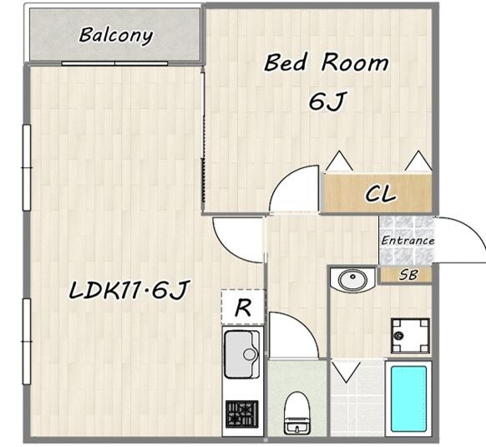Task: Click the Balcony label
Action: tap(116, 36)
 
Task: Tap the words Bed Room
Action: tap(326, 63)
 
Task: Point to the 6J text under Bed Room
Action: tap(327, 101)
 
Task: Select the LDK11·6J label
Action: tap(128, 291)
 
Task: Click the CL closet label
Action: tap(381, 194)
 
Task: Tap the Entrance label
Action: tap(408, 241)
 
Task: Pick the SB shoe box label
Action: tap(408, 275)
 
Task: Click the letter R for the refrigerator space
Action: tap(243, 307)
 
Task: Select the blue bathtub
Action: tap(408, 399)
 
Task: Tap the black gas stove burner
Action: tap(242, 414)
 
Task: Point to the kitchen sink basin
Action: tap(241, 354)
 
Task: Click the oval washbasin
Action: tap(352, 279)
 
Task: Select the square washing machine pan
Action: tap(410, 336)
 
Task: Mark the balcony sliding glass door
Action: tap(114, 63)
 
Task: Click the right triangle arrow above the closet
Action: tap(418, 161)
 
